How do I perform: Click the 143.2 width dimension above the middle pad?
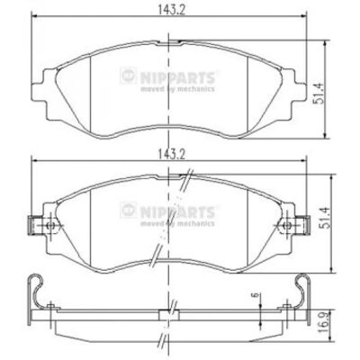(x=172, y=155)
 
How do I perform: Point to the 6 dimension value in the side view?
(x=256, y=295)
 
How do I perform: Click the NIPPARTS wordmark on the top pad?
(x=177, y=77)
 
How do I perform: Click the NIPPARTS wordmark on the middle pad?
(x=177, y=211)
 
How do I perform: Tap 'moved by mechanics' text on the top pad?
(x=177, y=89)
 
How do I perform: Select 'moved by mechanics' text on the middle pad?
(x=177, y=223)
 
